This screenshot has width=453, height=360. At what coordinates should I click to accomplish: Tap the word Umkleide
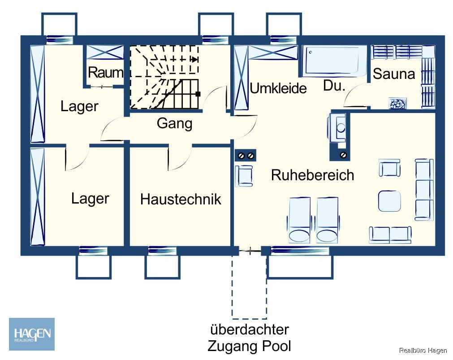[278, 88]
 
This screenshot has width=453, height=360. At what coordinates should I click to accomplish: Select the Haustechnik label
[181, 199]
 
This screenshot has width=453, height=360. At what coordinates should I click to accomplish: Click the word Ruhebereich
[312, 175]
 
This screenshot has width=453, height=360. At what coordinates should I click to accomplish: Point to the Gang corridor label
[174, 123]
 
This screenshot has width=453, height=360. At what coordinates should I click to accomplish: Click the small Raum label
[105, 73]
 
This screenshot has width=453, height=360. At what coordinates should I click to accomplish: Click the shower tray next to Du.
[334, 61]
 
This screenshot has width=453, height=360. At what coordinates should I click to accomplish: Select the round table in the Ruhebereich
[389, 201]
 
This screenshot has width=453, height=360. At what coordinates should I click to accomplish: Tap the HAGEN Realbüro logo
[32, 334]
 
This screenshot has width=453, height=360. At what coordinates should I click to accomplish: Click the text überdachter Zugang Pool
[249, 338]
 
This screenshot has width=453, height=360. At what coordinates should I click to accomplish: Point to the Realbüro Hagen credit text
[423, 351]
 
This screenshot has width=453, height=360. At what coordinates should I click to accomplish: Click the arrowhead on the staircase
[194, 59]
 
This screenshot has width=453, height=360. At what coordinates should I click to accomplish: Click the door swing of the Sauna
[354, 94]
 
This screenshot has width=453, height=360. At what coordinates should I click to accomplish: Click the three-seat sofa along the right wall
[423, 190]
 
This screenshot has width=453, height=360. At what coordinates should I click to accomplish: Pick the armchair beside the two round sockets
[245, 176]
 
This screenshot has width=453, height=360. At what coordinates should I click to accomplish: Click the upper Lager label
[79, 107]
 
